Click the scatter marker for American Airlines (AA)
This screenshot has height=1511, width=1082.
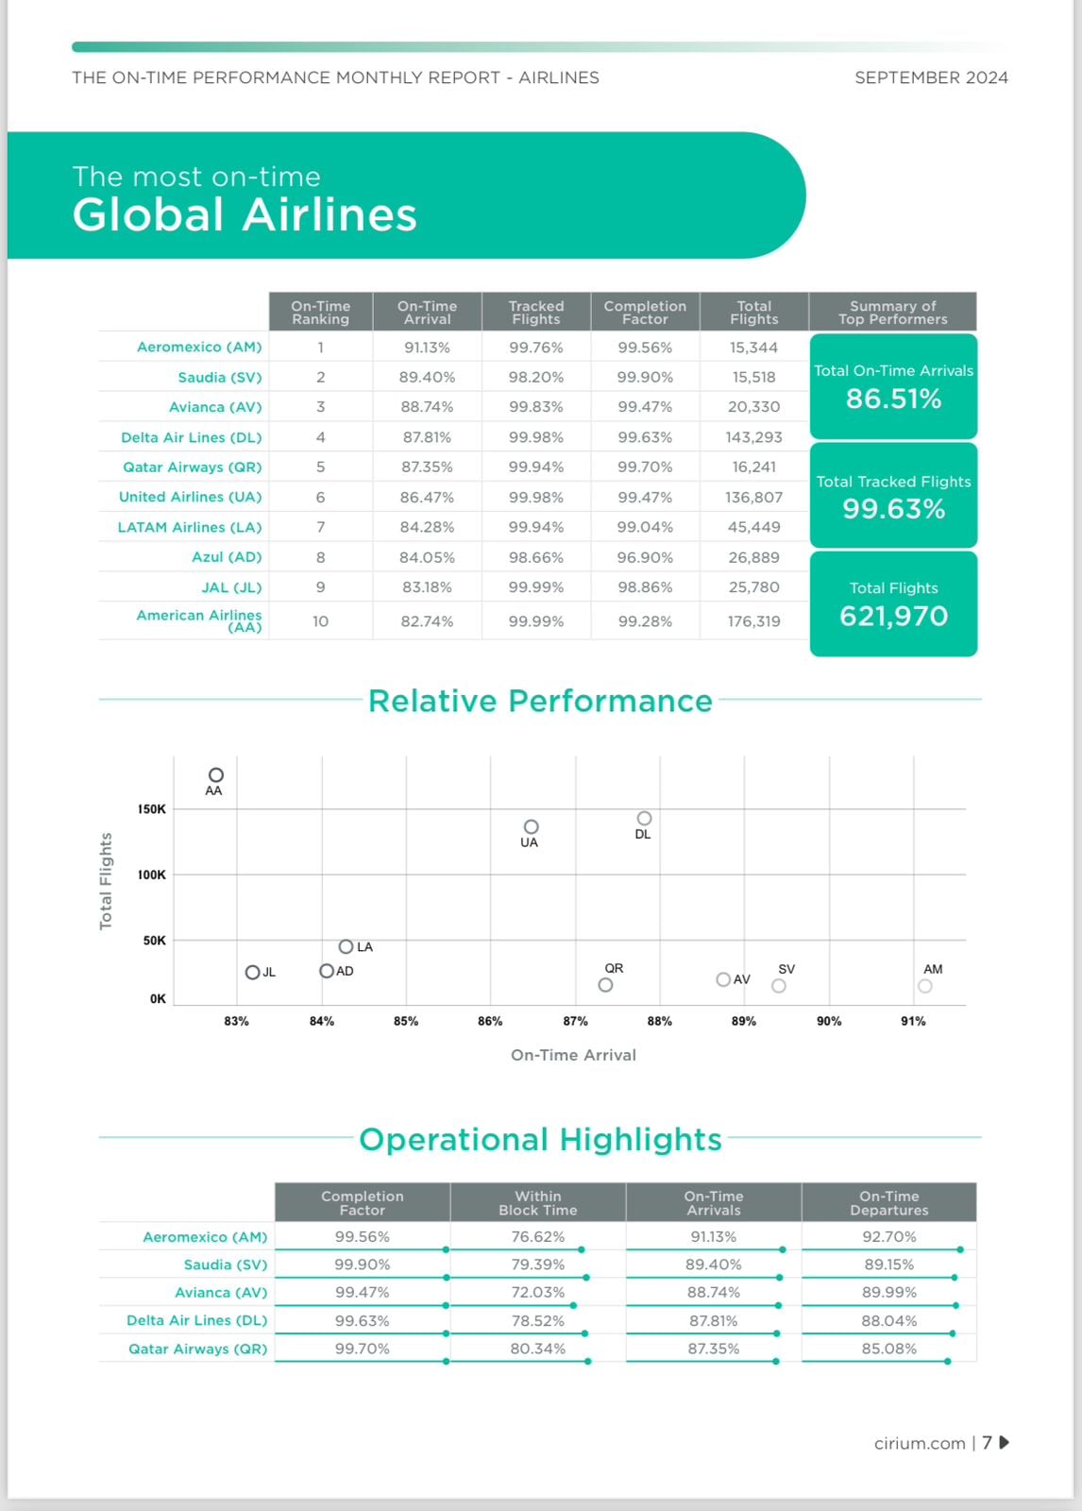(x=216, y=775)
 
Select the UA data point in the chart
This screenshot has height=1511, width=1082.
(x=532, y=827)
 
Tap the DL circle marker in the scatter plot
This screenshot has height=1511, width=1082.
(x=644, y=819)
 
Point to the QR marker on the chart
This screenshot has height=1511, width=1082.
(x=606, y=985)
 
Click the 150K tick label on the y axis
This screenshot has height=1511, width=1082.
(x=152, y=809)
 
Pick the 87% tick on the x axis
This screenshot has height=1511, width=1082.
(x=575, y=1021)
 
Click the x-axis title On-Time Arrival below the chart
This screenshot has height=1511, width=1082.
(x=573, y=1055)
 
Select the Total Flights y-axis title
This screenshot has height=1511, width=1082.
(x=106, y=881)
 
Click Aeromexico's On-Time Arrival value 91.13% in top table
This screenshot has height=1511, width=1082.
(x=427, y=348)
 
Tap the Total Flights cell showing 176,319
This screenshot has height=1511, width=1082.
(x=753, y=621)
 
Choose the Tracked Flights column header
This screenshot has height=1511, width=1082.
(x=536, y=313)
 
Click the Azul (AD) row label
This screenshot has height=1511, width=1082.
(x=227, y=557)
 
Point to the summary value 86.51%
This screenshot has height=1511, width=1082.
(x=893, y=399)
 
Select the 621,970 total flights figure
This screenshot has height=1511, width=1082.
(x=893, y=616)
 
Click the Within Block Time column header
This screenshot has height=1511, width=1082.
(x=538, y=1203)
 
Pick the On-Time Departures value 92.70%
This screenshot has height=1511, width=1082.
(x=888, y=1236)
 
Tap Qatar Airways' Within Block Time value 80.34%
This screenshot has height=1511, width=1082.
(x=538, y=1349)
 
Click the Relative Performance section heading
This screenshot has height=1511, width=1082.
(x=540, y=701)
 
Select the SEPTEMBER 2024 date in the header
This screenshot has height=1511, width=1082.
(x=931, y=77)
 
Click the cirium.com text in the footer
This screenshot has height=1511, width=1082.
(x=920, y=1443)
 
